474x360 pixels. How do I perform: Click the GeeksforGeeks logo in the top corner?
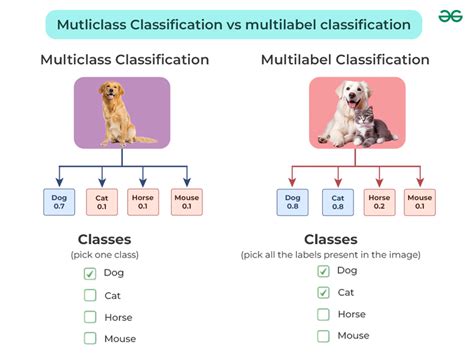tap(449, 20)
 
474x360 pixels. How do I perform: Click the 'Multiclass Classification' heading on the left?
tap(124, 60)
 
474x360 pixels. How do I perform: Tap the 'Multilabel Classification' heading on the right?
tap(345, 60)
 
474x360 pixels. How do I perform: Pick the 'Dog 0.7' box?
tap(58, 203)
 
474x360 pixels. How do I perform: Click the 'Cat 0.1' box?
tap(101, 203)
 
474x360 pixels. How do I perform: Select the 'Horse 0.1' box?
tap(144, 203)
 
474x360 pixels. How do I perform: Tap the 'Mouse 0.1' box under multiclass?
tap(187, 203)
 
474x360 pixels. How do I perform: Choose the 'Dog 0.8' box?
tap(293, 203)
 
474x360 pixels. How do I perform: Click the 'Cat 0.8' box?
tap(337, 203)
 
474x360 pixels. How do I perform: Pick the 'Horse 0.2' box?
tap(379, 203)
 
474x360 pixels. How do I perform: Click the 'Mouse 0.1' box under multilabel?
tap(420, 203)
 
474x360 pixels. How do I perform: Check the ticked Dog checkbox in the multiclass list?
tap(90, 273)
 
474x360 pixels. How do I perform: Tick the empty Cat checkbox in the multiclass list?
tap(90, 295)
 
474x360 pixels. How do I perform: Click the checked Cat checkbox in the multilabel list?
tap(323, 292)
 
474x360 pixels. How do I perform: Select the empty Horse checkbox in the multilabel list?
tap(323, 314)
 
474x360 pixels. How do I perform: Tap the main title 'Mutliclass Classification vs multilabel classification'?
tap(233, 23)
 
